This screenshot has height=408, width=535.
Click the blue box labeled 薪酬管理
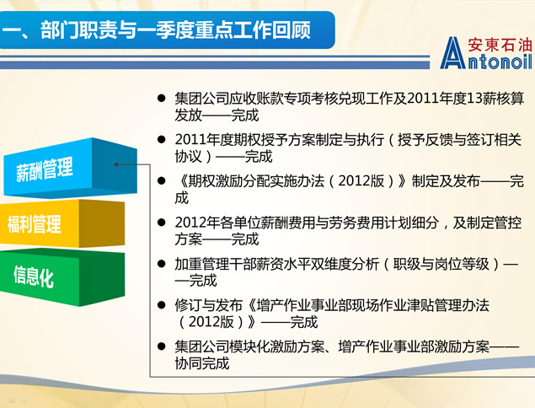(70, 168)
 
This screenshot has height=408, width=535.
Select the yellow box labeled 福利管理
(62, 223)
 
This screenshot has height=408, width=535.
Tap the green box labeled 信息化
(62, 276)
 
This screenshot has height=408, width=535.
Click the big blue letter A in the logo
(452, 53)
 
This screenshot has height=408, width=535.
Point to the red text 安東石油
(500, 45)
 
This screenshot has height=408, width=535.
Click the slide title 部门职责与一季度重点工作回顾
(175, 30)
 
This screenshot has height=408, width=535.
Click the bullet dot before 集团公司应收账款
(162, 99)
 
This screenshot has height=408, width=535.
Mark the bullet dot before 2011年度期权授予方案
(162, 140)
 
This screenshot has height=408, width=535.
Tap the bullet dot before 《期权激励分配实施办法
(162, 181)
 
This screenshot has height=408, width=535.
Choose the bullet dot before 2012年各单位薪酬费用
(162, 223)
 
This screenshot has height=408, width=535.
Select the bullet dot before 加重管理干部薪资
(162, 264)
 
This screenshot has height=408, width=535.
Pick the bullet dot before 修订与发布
(162, 305)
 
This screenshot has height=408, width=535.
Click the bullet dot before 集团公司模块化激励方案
(162, 346)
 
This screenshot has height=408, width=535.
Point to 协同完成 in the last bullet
(202, 363)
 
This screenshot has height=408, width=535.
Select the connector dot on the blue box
(116, 164)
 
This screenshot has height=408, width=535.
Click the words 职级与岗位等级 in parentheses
(441, 264)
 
